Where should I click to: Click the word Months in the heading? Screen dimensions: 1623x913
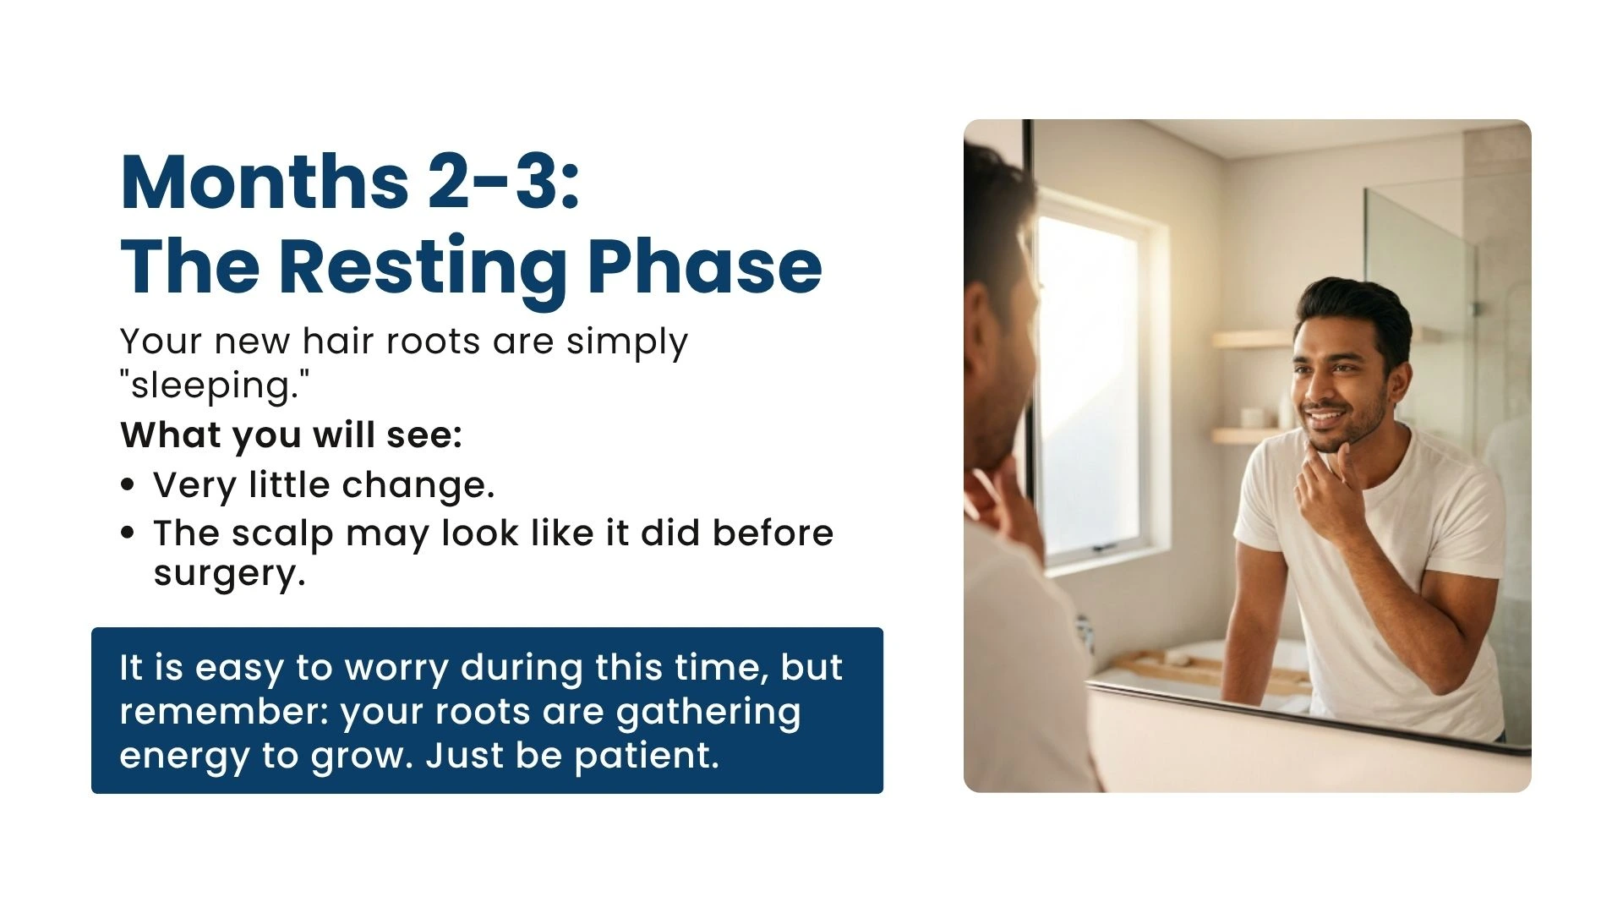(x=265, y=182)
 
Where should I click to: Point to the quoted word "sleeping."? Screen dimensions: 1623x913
(x=215, y=385)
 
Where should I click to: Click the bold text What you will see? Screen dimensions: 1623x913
(x=292, y=435)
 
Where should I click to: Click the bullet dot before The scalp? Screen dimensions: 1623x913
(x=128, y=533)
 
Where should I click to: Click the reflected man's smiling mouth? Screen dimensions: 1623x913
(x=1324, y=418)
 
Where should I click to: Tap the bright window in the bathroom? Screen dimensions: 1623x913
(x=1090, y=380)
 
